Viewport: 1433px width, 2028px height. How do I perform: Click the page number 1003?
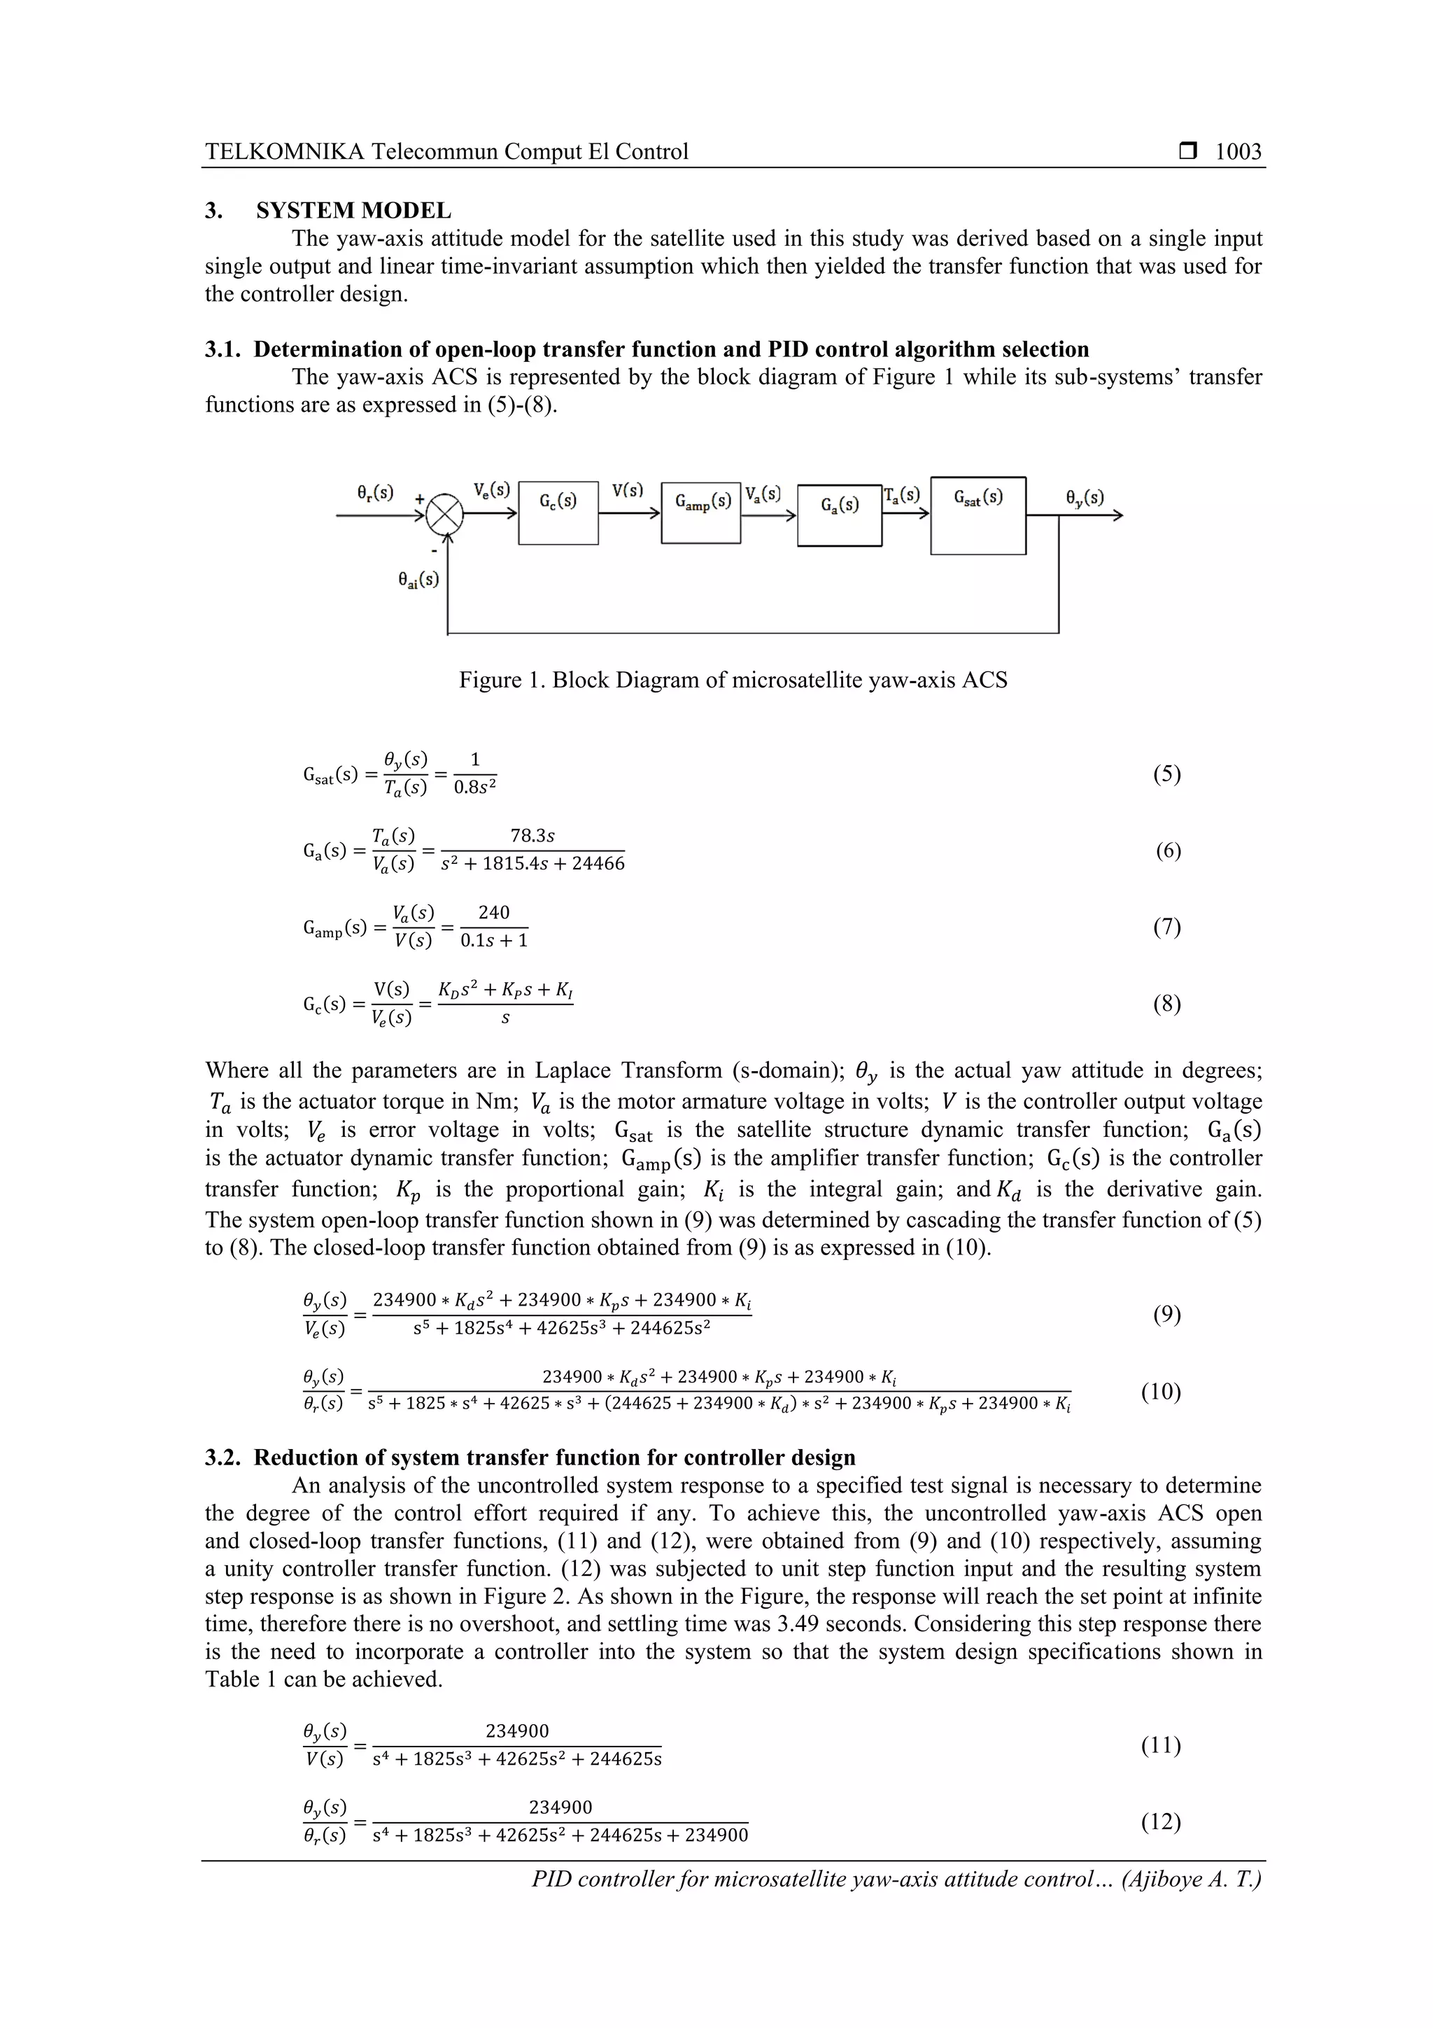click(1238, 152)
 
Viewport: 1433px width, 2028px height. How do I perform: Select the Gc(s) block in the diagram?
click(558, 513)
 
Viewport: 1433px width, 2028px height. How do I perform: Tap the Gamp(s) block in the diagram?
click(701, 512)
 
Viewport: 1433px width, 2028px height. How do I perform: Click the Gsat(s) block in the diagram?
click(978, 516)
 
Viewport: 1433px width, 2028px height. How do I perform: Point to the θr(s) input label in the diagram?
click(375, 492)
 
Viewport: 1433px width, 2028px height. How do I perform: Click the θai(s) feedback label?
click(418, 580)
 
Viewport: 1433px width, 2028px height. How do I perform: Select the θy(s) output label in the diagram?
click(1085, 497)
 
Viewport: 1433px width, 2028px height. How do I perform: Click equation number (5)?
click(1167, 775)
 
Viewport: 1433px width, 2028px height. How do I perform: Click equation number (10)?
click(1160, 1392)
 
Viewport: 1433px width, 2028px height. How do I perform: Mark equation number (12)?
click(1160, 1821)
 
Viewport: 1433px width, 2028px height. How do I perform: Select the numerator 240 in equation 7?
click(493, 912)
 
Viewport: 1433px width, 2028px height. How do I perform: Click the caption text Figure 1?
click(502, 680)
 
